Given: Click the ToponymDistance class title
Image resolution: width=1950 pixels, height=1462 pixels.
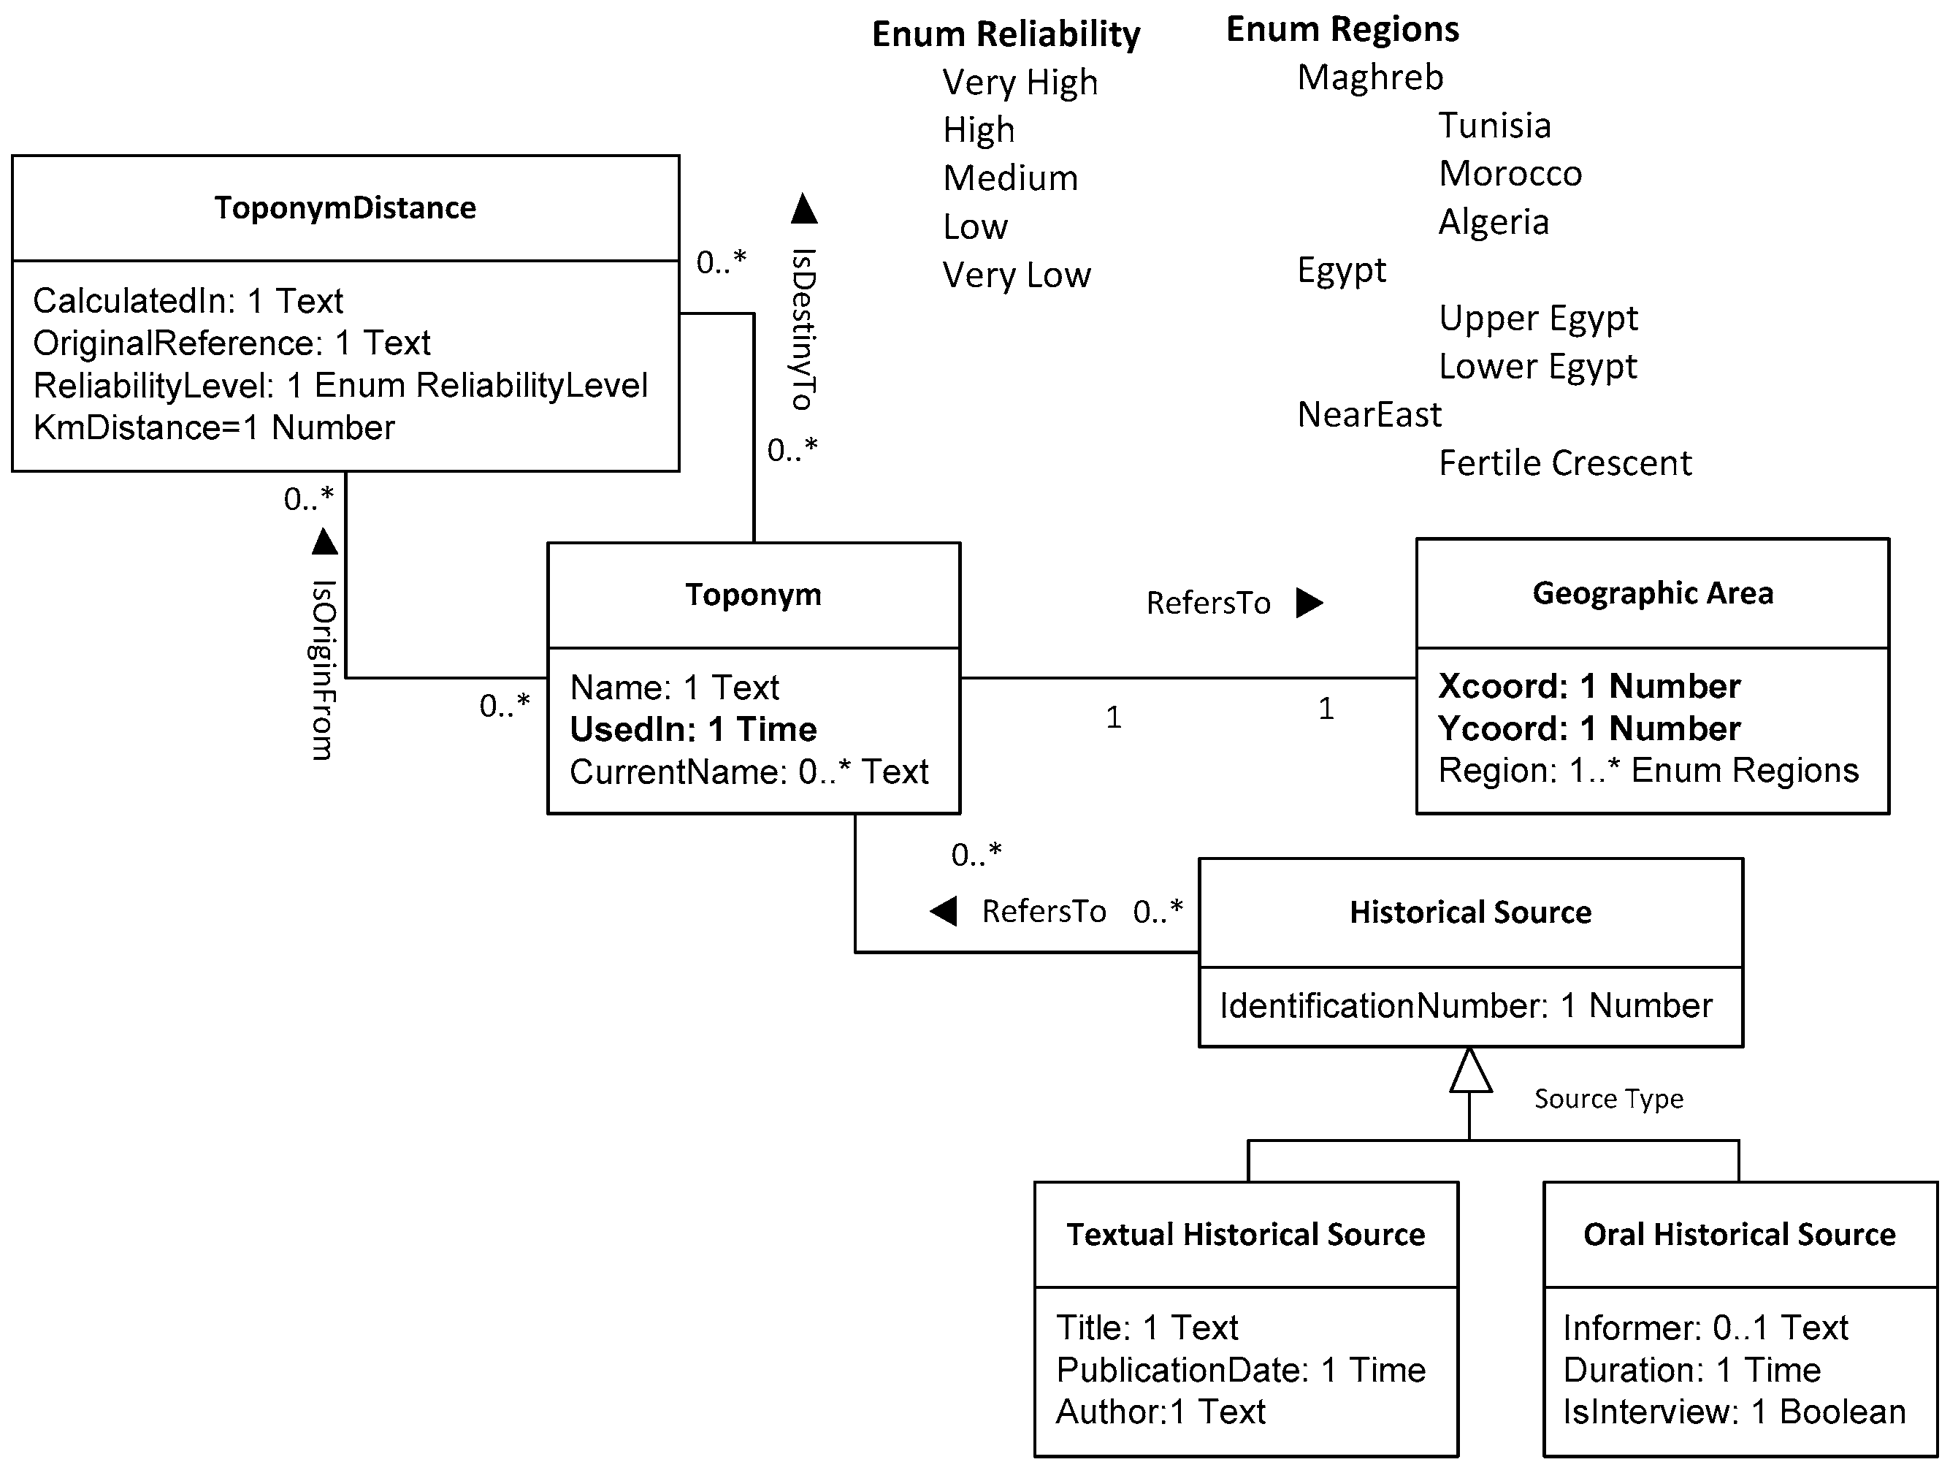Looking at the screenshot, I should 345,208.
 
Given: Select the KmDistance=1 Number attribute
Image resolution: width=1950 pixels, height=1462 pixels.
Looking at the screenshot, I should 213,427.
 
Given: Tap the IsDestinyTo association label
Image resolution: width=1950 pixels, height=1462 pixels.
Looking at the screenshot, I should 802,329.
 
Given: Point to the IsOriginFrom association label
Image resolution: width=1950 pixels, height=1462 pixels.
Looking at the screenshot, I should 323,670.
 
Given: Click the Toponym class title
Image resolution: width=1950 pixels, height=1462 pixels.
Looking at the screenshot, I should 753,595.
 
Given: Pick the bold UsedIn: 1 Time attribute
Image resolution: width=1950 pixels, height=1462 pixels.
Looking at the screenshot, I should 693,729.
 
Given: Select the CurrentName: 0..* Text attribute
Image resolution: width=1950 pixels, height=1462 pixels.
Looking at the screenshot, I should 749,772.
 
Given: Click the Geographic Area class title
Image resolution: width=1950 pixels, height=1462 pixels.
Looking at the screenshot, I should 1652,593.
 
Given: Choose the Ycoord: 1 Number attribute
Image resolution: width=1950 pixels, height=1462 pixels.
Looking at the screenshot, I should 1588,728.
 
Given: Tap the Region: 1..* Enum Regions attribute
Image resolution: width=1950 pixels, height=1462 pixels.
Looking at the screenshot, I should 1648,771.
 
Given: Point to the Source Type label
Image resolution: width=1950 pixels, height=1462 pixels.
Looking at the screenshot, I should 1608,1099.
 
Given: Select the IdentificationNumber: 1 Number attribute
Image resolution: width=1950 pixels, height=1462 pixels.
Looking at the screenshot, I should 1465,1005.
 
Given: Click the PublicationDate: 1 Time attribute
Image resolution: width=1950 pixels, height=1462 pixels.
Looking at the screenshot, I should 1240,1370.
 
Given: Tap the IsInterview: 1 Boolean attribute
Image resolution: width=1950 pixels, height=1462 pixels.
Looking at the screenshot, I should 1733,1412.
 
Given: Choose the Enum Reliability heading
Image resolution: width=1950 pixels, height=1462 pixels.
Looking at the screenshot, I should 1006,34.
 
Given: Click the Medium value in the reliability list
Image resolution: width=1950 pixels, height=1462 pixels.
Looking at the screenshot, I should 1010,179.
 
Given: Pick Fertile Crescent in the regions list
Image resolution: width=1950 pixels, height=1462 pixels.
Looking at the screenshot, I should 1565,463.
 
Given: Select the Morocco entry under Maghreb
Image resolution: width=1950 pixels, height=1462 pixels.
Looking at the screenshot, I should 1510,174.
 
